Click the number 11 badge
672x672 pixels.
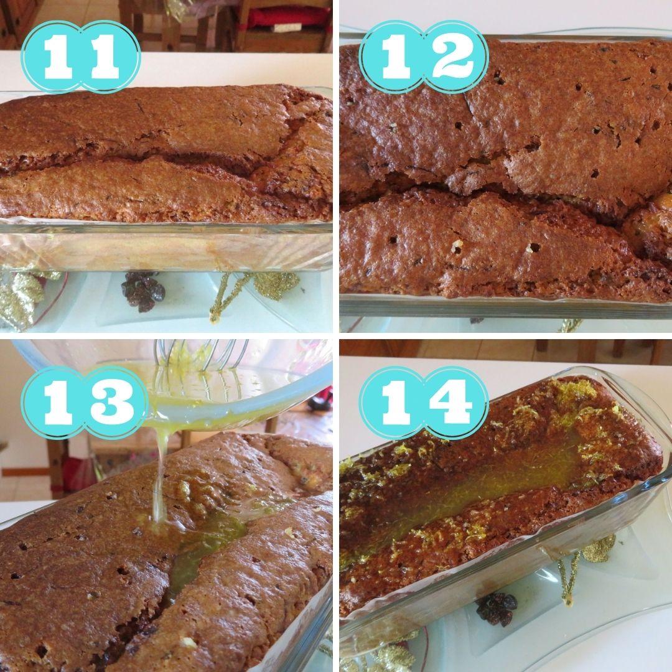point(80,57)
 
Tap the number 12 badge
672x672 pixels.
point(424,57)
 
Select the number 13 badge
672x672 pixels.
point(84,403)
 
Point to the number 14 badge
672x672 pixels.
point(424,403)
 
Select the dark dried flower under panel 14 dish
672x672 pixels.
point(497,609)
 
